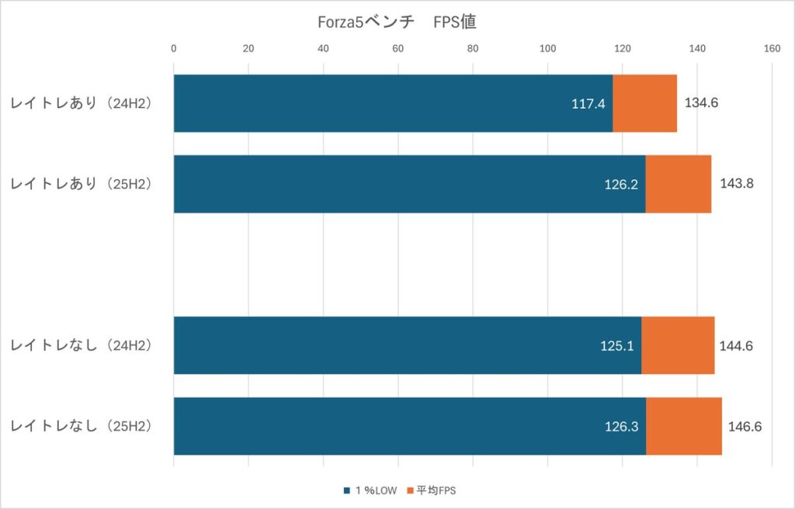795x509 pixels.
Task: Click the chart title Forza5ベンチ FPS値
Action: [x=396, y=23]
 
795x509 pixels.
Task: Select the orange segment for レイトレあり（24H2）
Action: [x=644, y=103]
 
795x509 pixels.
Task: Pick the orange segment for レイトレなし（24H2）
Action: [x=678, y=345]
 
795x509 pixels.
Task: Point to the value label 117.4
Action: [x=588, y=103]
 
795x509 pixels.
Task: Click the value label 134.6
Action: [x=702, y=102]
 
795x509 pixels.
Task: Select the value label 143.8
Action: [x=736, y=184]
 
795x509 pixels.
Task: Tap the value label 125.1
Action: [x=616, y=346]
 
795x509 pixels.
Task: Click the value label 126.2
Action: [x=621, y=185]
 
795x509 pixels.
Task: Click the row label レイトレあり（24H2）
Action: [x=82, y=103]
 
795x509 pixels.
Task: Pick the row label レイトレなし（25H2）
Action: [x=82, y=426]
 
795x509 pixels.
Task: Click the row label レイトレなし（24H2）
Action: [x=82, y=345]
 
